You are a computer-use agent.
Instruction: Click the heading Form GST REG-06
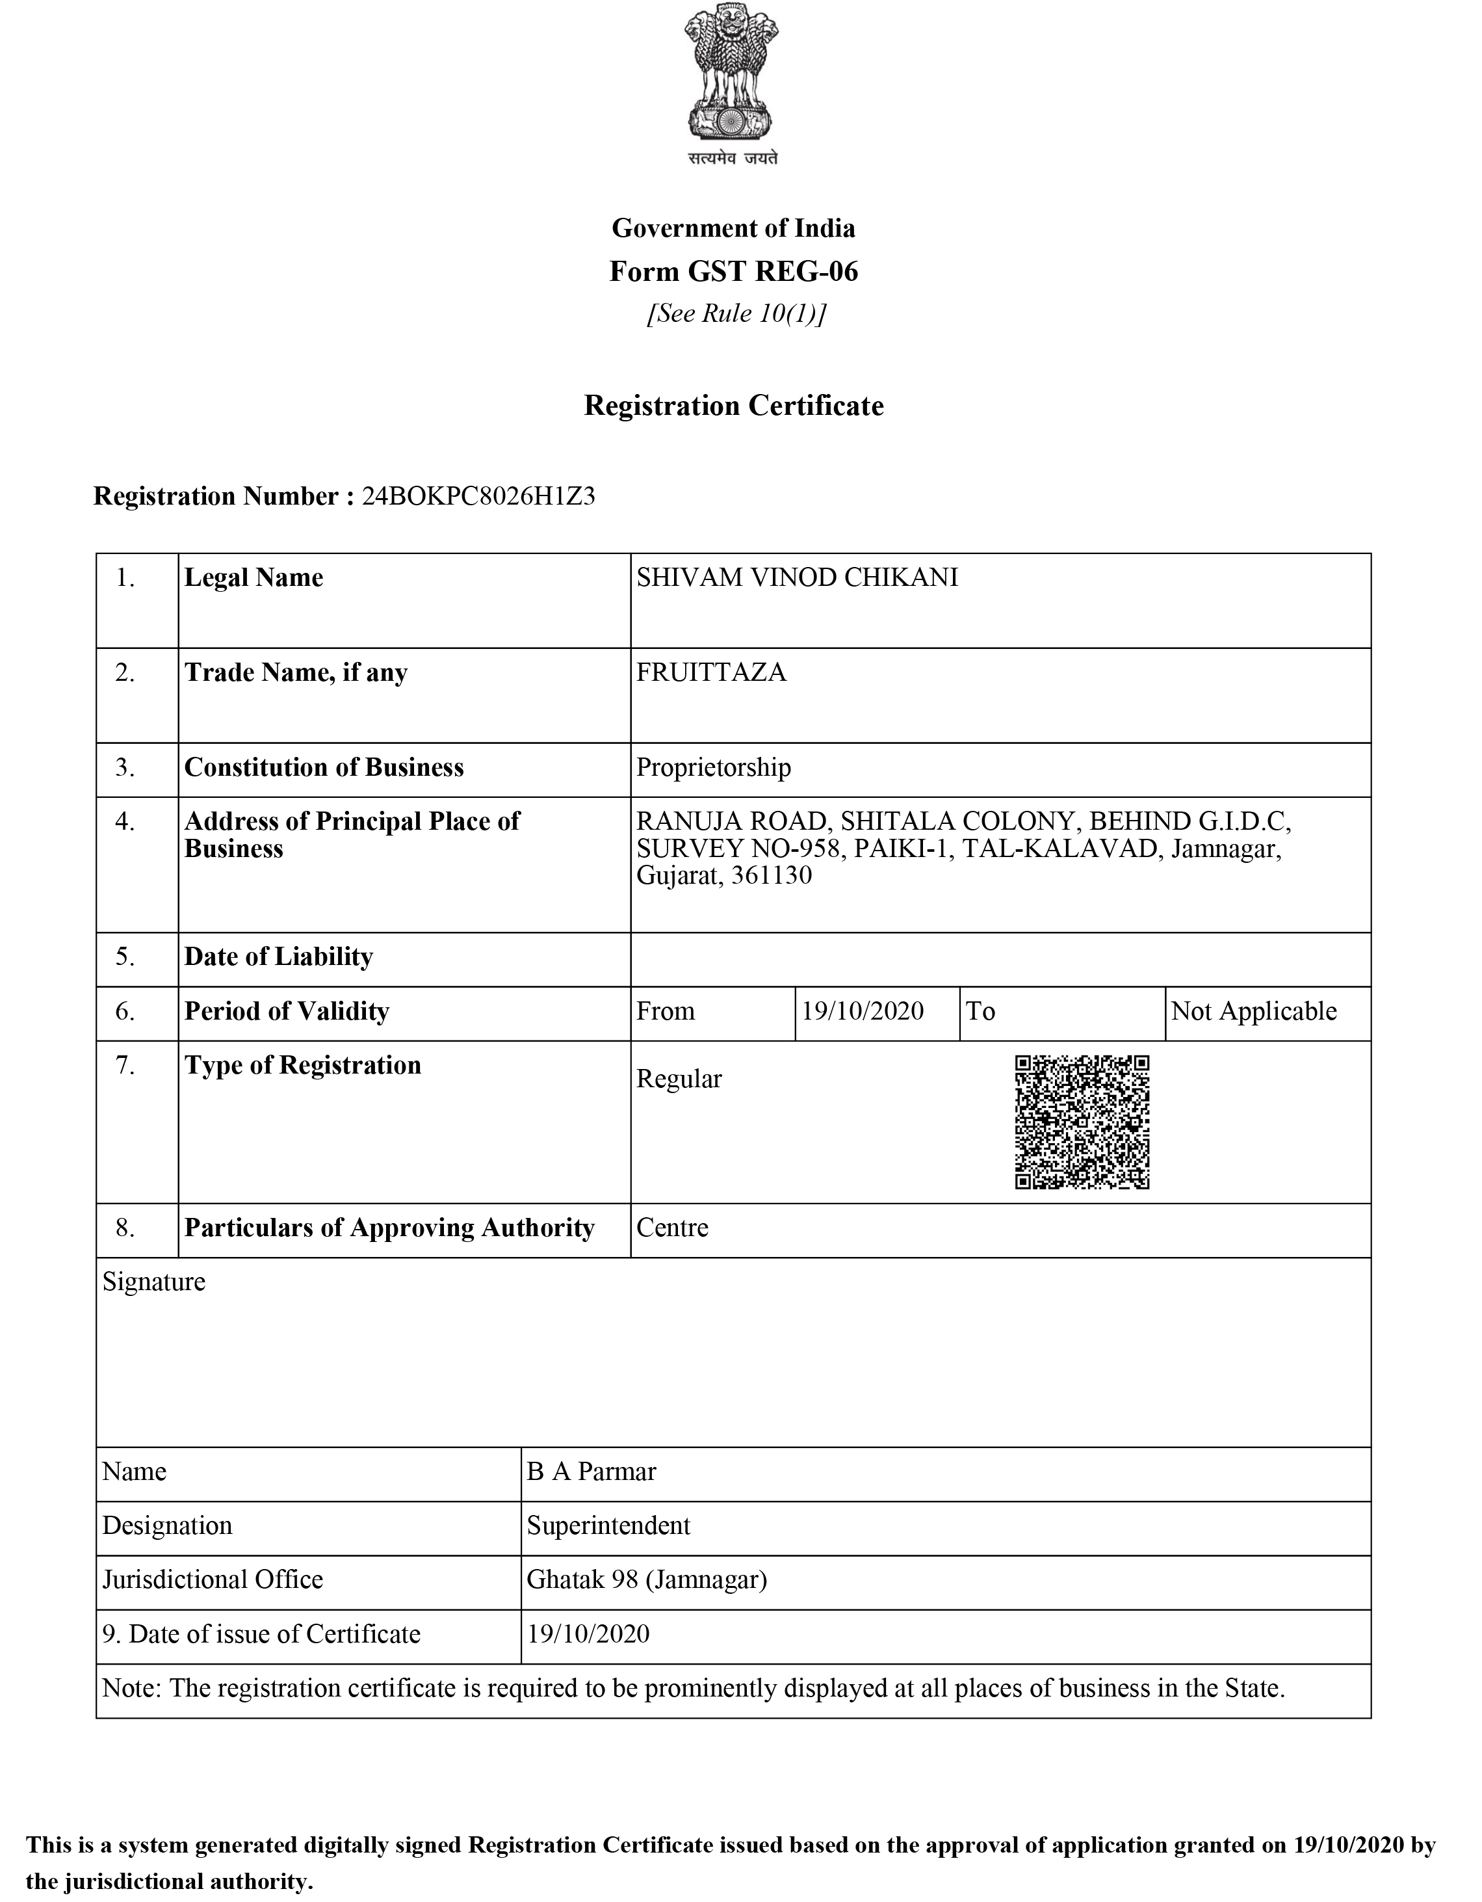tap(733, 272)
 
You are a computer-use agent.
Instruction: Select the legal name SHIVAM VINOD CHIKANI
tap(797, 577)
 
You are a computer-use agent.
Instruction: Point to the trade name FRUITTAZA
tap(710, 672)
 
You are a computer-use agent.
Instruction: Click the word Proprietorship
tap(713, 767)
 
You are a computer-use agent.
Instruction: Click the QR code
tap(1082, 1122)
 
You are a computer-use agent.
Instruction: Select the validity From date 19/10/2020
tap(862, 1011)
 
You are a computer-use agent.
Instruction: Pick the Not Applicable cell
tap(1253, 1011)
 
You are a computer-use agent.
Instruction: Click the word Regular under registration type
tap(679, 1079)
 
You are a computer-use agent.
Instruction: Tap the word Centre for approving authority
tap(672, 1228)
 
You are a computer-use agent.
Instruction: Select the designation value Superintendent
tap(608, 1525)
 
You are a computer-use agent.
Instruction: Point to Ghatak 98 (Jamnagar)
tap(646, 1579)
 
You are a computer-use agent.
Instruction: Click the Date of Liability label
tap(279, 957)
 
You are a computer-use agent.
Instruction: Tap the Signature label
tap(153, 1282)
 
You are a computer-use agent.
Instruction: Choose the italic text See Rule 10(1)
tap(735, 313)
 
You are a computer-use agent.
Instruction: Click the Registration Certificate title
tap(733, 406)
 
